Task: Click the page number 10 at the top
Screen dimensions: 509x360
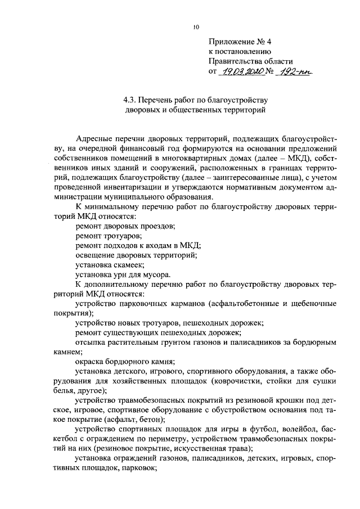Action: (195, 26)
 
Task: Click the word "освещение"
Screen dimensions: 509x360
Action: (94, 255)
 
